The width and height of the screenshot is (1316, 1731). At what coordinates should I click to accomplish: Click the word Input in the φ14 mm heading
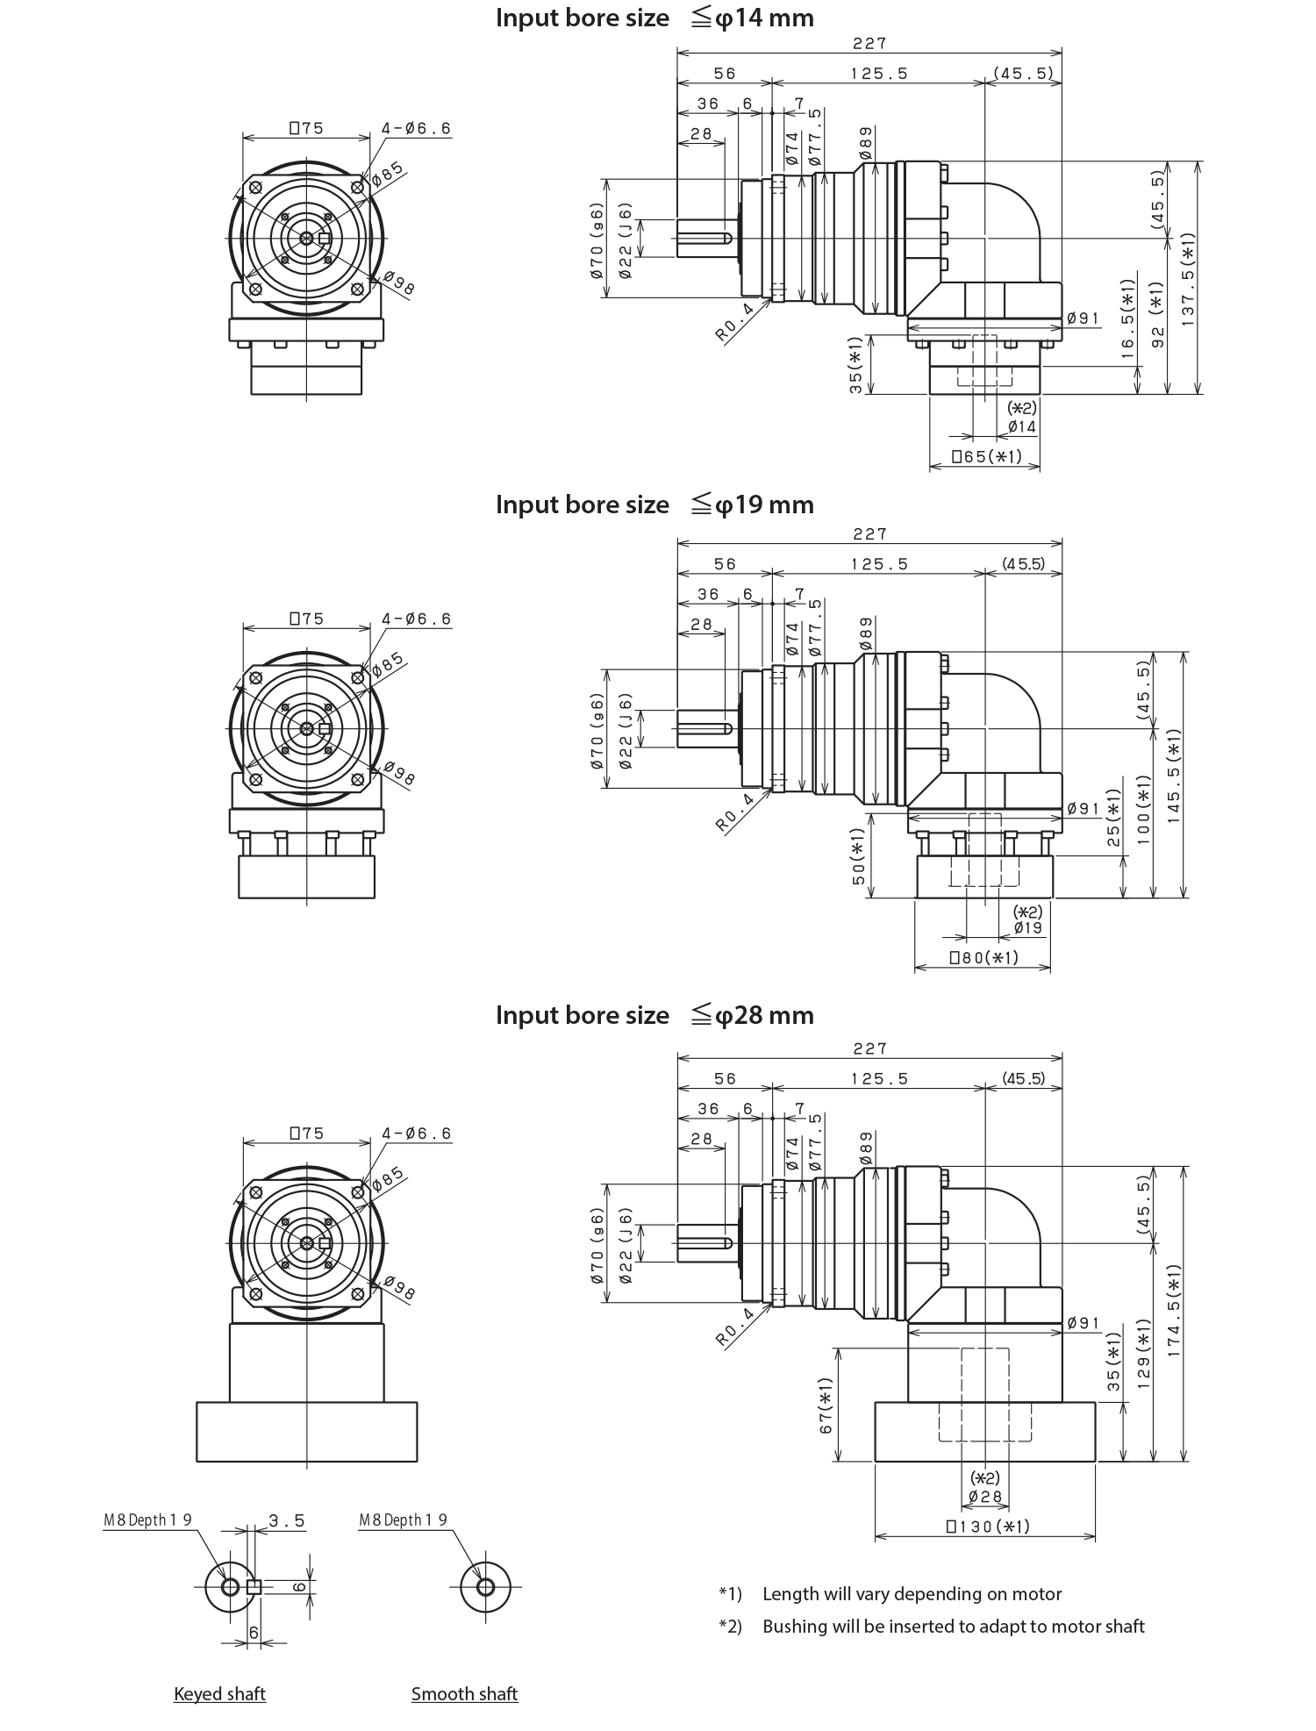pos(524,18)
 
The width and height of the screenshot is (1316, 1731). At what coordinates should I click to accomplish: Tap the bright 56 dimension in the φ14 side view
pos(779,75)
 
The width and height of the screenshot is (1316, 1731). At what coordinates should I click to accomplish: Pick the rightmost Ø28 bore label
pos(1045,1583)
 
